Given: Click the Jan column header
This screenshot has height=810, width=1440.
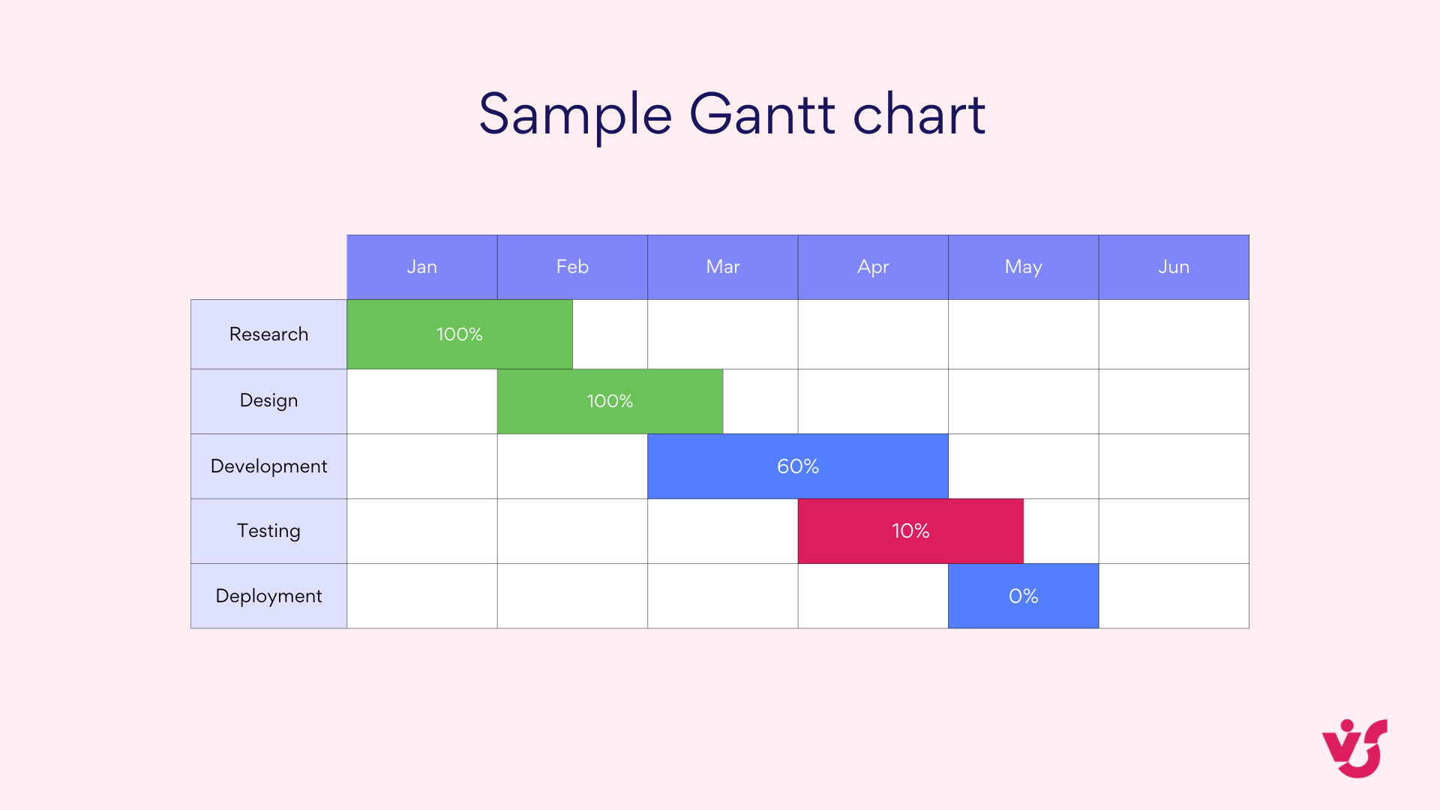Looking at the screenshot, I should [421, 267].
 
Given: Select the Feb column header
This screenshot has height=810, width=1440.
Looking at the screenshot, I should [572, 267].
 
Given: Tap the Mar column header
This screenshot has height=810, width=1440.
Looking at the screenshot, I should [723, 267].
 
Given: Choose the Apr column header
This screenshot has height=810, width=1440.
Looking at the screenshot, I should [873, 267].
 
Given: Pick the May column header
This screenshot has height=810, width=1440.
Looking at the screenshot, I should [1023, 267].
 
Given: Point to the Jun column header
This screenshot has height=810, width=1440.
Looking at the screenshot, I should [1174, 267].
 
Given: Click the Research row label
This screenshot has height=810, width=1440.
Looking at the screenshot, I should [268, 334].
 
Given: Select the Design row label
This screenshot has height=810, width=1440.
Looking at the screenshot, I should [268, 400].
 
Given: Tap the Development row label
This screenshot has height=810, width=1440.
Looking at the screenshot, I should [268, 466].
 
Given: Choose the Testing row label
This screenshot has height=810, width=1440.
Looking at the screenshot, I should [268, 531].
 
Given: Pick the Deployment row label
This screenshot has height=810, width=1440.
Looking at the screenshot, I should [268, 596].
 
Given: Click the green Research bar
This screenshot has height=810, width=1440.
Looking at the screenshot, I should [459, 334].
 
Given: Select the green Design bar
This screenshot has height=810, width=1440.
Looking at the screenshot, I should [610, 401].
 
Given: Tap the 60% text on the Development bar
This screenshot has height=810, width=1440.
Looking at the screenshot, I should [798, 466].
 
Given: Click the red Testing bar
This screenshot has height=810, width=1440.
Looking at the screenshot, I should [910, 531].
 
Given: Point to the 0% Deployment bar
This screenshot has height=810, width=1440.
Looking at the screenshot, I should [1023, 596].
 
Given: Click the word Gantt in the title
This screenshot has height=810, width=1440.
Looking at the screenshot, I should [762, 115].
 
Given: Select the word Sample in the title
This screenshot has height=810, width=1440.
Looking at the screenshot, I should [575, 115].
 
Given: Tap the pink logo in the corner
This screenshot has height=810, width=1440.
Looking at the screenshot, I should [1354, 748].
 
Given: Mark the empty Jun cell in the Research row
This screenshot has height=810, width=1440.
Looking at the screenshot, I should [1174, 334].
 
